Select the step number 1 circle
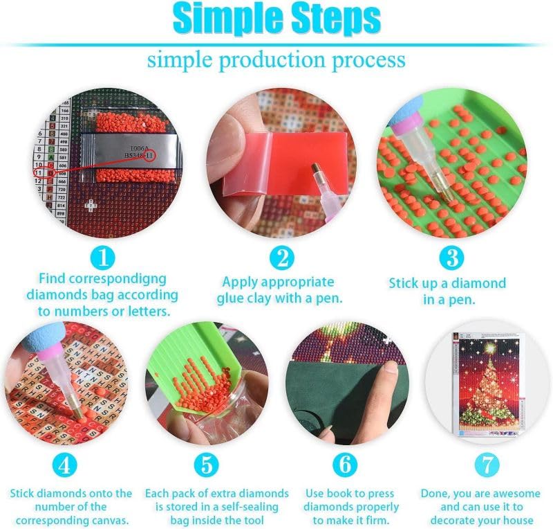[103, 258]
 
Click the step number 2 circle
[281, 258]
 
